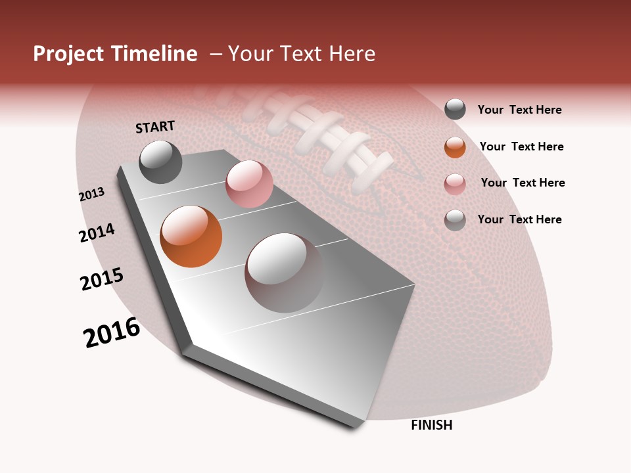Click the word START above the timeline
click(155, 127)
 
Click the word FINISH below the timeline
click(431, 425)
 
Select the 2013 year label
click(91, 194)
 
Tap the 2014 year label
click(97, 233)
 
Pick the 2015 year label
click(102, 279)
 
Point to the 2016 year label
click(112, 332)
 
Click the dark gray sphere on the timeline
click(160, 162)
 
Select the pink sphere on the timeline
click(249, 184)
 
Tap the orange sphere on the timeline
click(191, 236)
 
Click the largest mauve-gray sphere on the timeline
click(284, 273)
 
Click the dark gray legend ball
click(455, 110)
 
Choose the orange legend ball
click(455, 147)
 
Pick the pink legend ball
click(455, 184)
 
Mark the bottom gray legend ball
click(455, 220)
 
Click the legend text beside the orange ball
click(521, 146)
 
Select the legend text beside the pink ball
click(523, 183)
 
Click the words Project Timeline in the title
click(115, 54)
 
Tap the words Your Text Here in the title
click(302, 54)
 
